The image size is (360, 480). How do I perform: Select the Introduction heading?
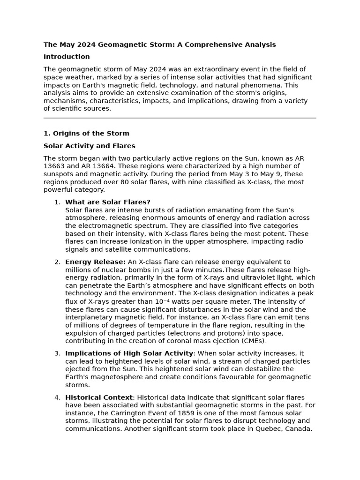click(x=67, y=57)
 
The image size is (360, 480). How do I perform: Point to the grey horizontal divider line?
click(x=180, y=118)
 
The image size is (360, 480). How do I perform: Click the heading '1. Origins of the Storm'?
click(x=86, y=134)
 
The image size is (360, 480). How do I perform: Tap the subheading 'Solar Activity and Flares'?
click(x=89, y=146)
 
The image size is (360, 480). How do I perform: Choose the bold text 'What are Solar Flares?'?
click(x=107, y=202)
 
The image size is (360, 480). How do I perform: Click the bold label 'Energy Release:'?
click(x=95, y=262)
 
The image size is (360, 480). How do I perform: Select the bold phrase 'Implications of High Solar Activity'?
click(x=129, y=353)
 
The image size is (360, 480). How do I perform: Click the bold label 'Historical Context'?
click(x=99, y=397)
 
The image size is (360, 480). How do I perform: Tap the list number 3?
click(x=57, y=353)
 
